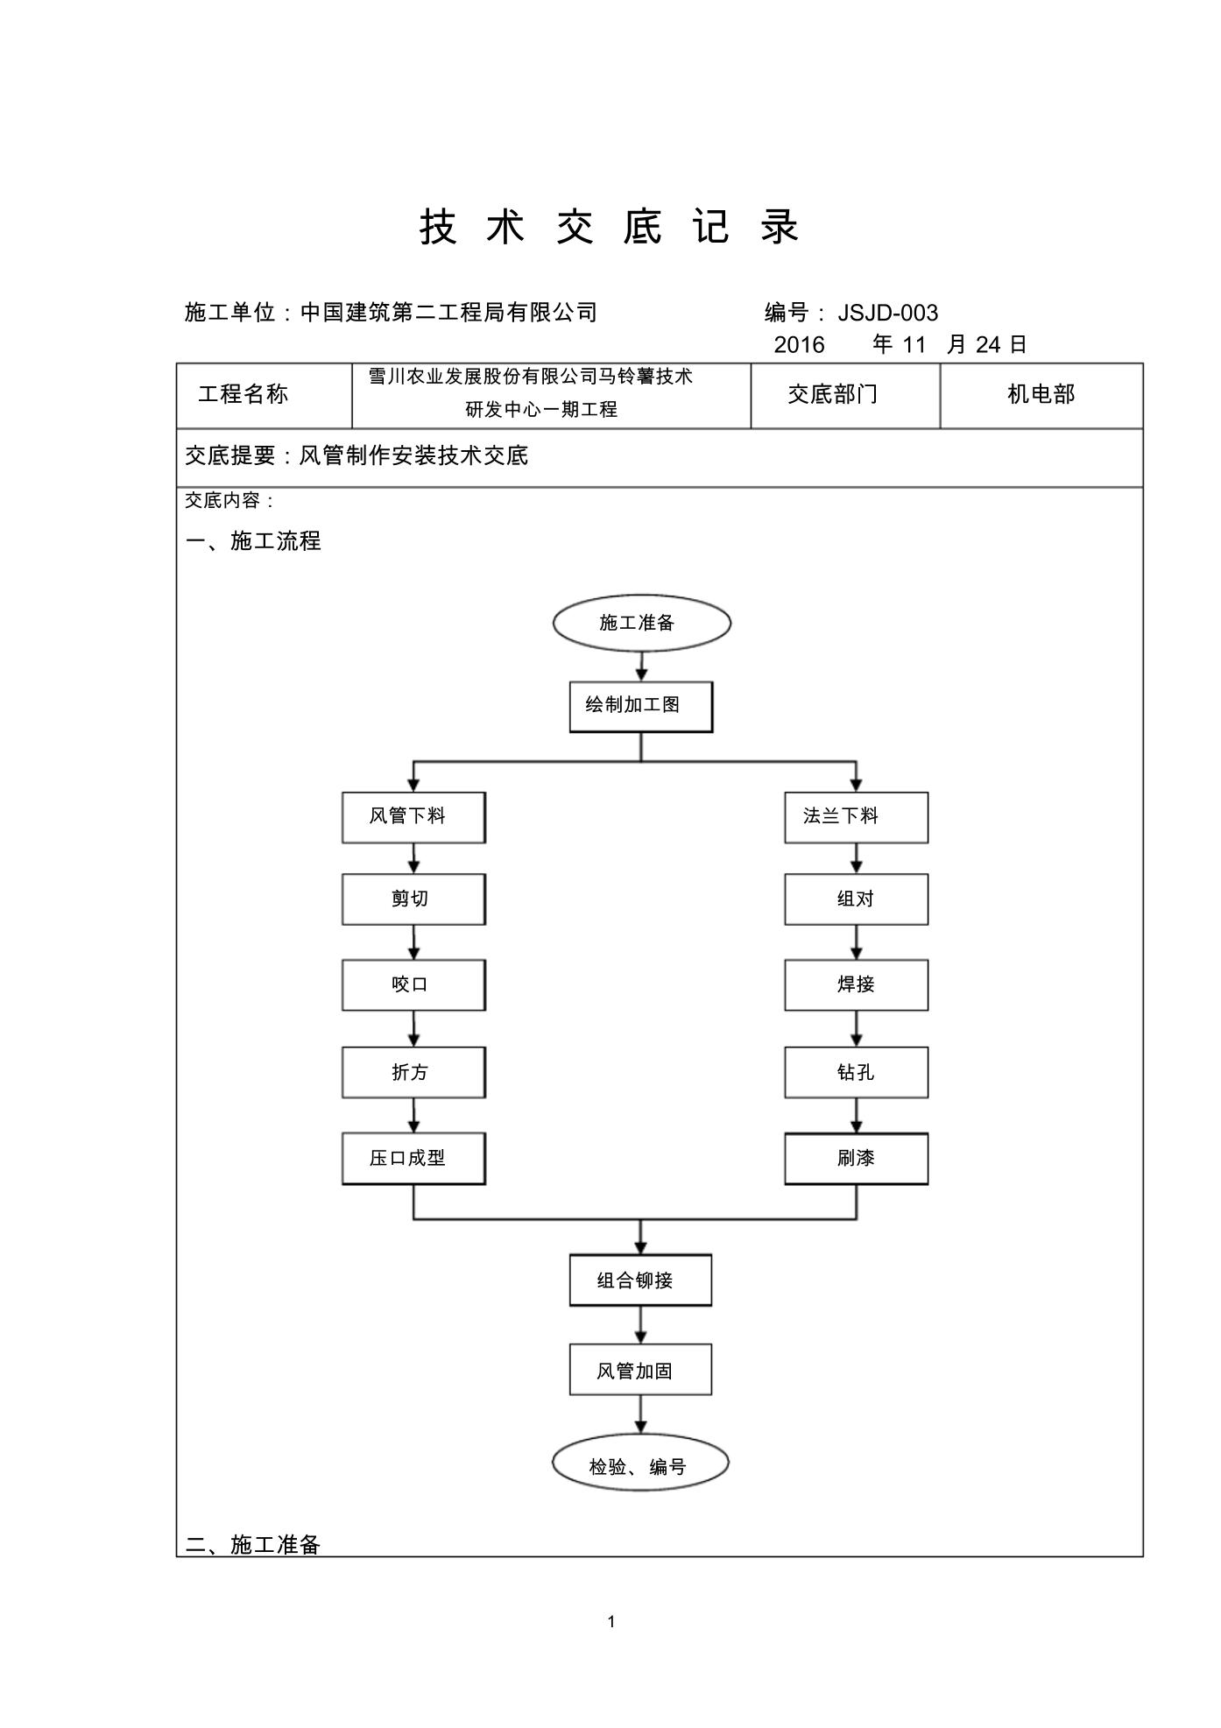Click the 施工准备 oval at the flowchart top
pos(641,623)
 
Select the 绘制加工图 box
pos(641,707)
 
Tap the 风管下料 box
pos(413,818)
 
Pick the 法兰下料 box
pos(856,818)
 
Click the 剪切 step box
pos(413,899)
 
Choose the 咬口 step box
pos(413,985)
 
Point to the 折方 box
pos(413,1073)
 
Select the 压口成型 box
pos(413,1159)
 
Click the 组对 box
pos(856,899)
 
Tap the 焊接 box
pos(856,985)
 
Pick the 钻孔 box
pos(856,1073)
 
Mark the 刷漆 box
pos(856,1159)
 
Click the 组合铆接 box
pos(640,1280)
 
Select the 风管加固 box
pos(640,1370)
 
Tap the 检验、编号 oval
pos(640,1463)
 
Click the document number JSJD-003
pos(888,313)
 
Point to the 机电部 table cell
pos(1041,396)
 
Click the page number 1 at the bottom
pos(610,1622)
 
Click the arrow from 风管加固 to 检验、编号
pos(640,1415)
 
